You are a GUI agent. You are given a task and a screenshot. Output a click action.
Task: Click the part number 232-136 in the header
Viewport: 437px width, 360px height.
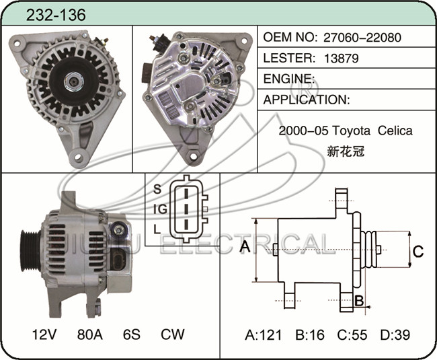tap(56, 15)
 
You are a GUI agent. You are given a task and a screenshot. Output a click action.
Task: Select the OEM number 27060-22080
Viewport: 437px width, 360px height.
tap(362, 38)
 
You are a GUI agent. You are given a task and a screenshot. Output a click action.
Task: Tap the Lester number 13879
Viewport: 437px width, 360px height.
tap(341, 59)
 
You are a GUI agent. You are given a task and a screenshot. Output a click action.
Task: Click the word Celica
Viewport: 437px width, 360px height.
tap(395, 131)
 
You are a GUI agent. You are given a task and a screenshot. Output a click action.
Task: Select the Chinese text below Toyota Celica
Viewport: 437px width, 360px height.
tap(346, 151)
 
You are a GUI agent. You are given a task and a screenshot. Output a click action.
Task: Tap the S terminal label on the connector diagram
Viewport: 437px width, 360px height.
tap(157, 189)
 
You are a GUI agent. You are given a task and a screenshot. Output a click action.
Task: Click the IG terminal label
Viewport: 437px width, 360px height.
tap(160, 209)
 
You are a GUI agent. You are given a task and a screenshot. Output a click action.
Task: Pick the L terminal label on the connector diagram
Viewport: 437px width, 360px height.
tap(157, 229)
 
